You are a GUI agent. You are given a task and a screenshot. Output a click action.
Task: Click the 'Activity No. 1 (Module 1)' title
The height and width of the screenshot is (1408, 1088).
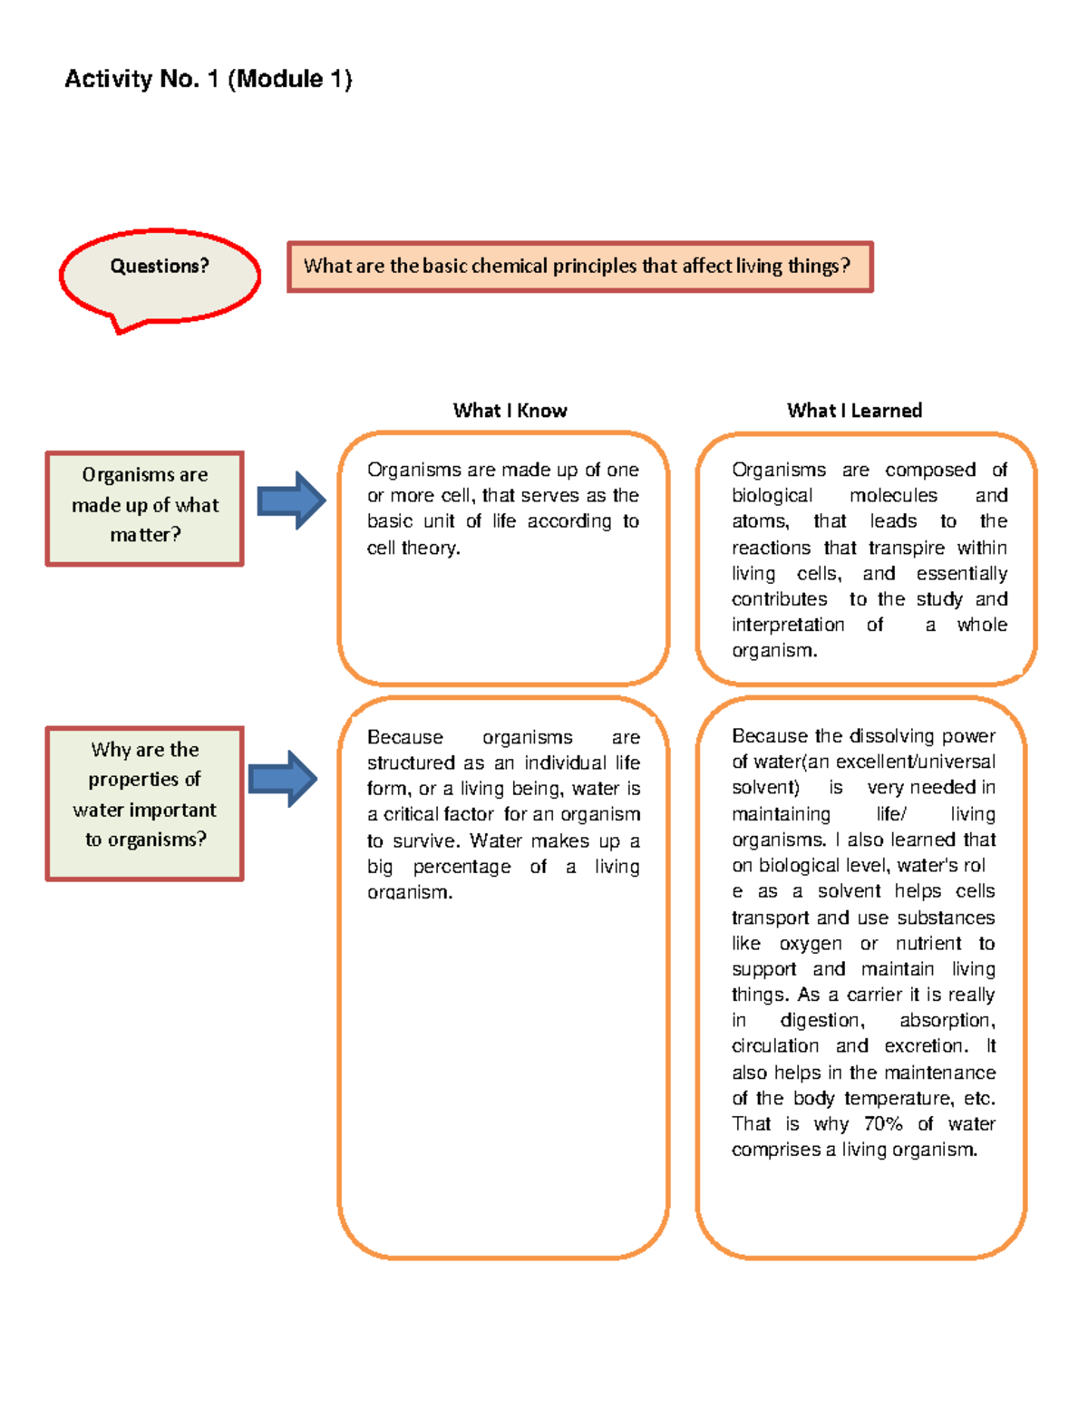[x=208, y=79]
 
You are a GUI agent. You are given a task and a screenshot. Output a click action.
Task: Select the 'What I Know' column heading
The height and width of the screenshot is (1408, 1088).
[x=510, y=411]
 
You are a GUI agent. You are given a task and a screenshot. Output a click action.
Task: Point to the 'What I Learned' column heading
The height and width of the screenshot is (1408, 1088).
[x=854, y=411]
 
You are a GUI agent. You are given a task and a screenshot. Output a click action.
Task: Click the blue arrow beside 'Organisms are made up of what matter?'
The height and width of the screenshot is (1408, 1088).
[x=291, y=500]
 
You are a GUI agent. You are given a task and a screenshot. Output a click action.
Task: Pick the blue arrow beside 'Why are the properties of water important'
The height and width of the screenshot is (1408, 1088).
[x=283, y=778]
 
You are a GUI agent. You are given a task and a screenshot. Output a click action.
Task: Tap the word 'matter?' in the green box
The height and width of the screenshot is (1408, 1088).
[x=145, y=535]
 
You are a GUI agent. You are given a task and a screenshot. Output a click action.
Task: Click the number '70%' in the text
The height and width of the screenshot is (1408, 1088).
[x=883, y=1124]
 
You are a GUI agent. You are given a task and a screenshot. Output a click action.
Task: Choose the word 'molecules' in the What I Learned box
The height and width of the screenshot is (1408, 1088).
[x=893, y=496]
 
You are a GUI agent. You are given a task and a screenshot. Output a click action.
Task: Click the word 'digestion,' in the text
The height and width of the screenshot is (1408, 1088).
[x=822, y=1021]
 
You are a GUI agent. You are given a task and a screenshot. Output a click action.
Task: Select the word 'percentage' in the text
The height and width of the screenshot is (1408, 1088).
[x=461, y=867]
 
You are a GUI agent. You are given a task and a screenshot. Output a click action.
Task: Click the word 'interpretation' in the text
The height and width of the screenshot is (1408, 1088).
[x=787, y=625]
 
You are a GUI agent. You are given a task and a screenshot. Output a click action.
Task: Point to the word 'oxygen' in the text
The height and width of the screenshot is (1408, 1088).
[x=810, y=944]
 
